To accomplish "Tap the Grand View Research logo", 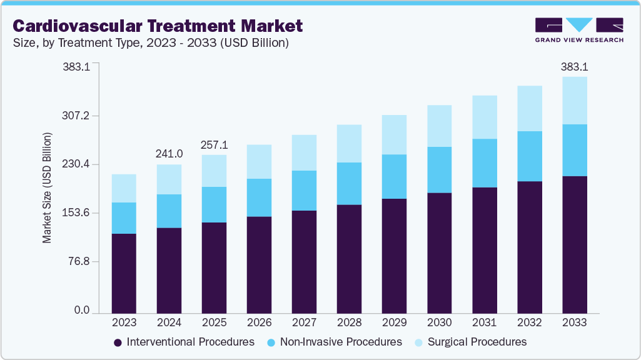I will pos(579,30).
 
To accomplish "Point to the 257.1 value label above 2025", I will pos(214,145).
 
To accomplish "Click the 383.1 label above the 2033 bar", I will pos(574,67).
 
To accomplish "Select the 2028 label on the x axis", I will pos(349,322).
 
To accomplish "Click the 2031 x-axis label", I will pos(484,322).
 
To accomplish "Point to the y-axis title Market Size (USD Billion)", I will pos(47,187).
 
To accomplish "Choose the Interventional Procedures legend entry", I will pos(184,342).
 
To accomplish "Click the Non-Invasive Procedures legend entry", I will pos(334,342).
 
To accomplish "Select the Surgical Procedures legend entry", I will pos(473,342).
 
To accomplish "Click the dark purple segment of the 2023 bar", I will pos(124,273).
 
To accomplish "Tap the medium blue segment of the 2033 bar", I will pos(574,150).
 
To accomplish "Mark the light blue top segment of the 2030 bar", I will pos(439,126).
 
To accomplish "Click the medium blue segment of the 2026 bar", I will pos(259,197).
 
